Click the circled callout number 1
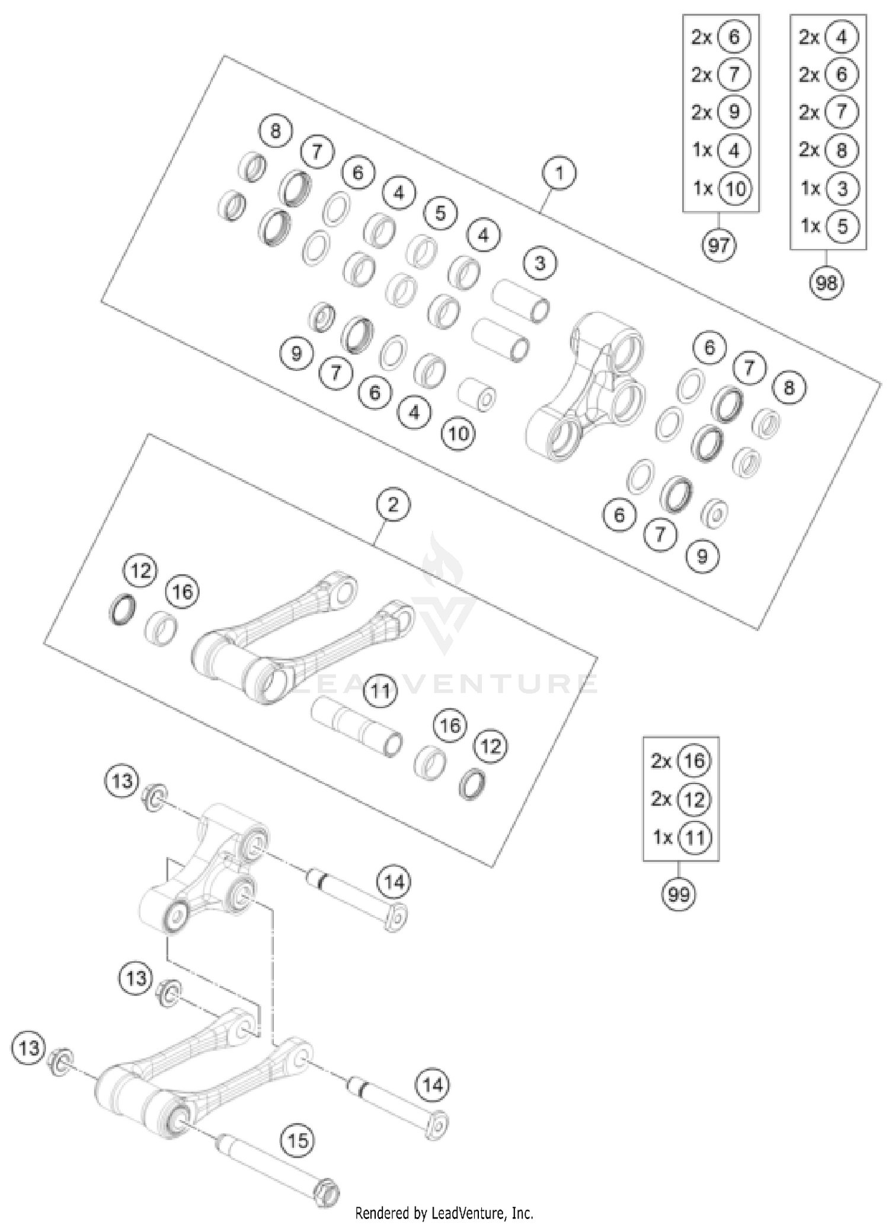558,174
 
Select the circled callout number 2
392,505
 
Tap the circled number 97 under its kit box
719,245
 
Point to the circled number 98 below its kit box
826,283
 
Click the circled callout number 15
298,1140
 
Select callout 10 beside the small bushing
458,434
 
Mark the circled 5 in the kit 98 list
842,226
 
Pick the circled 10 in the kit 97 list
734,188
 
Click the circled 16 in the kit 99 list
694,761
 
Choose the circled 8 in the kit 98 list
842,150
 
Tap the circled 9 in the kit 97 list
734,112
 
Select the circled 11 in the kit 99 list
694,837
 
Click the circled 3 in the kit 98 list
842,188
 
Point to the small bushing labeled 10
477,394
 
